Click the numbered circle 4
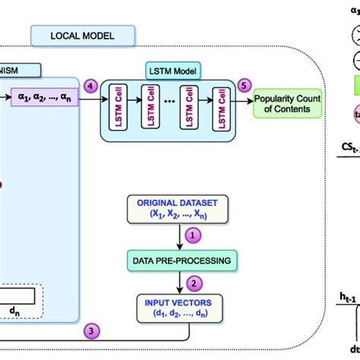[91, 87]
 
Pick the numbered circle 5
[243, 87]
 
